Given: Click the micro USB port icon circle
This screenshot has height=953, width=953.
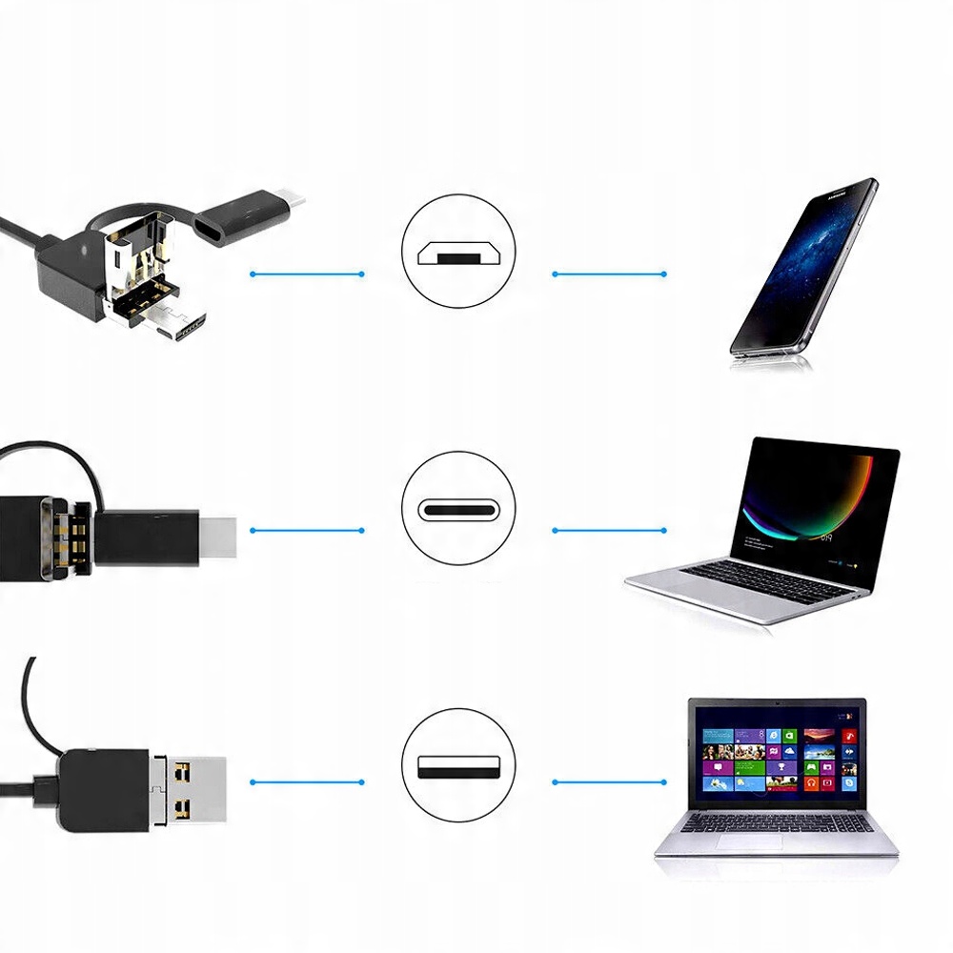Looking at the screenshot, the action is tap(458, 252).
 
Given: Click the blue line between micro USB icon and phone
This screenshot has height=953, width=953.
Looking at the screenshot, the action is tap(609, 274).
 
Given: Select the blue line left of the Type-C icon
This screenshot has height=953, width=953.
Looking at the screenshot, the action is tap(307, 529).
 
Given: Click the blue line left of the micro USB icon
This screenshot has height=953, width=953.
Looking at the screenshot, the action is tap(307, 274).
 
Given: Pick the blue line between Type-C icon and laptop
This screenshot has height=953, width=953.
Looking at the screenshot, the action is tap(609, 529).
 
